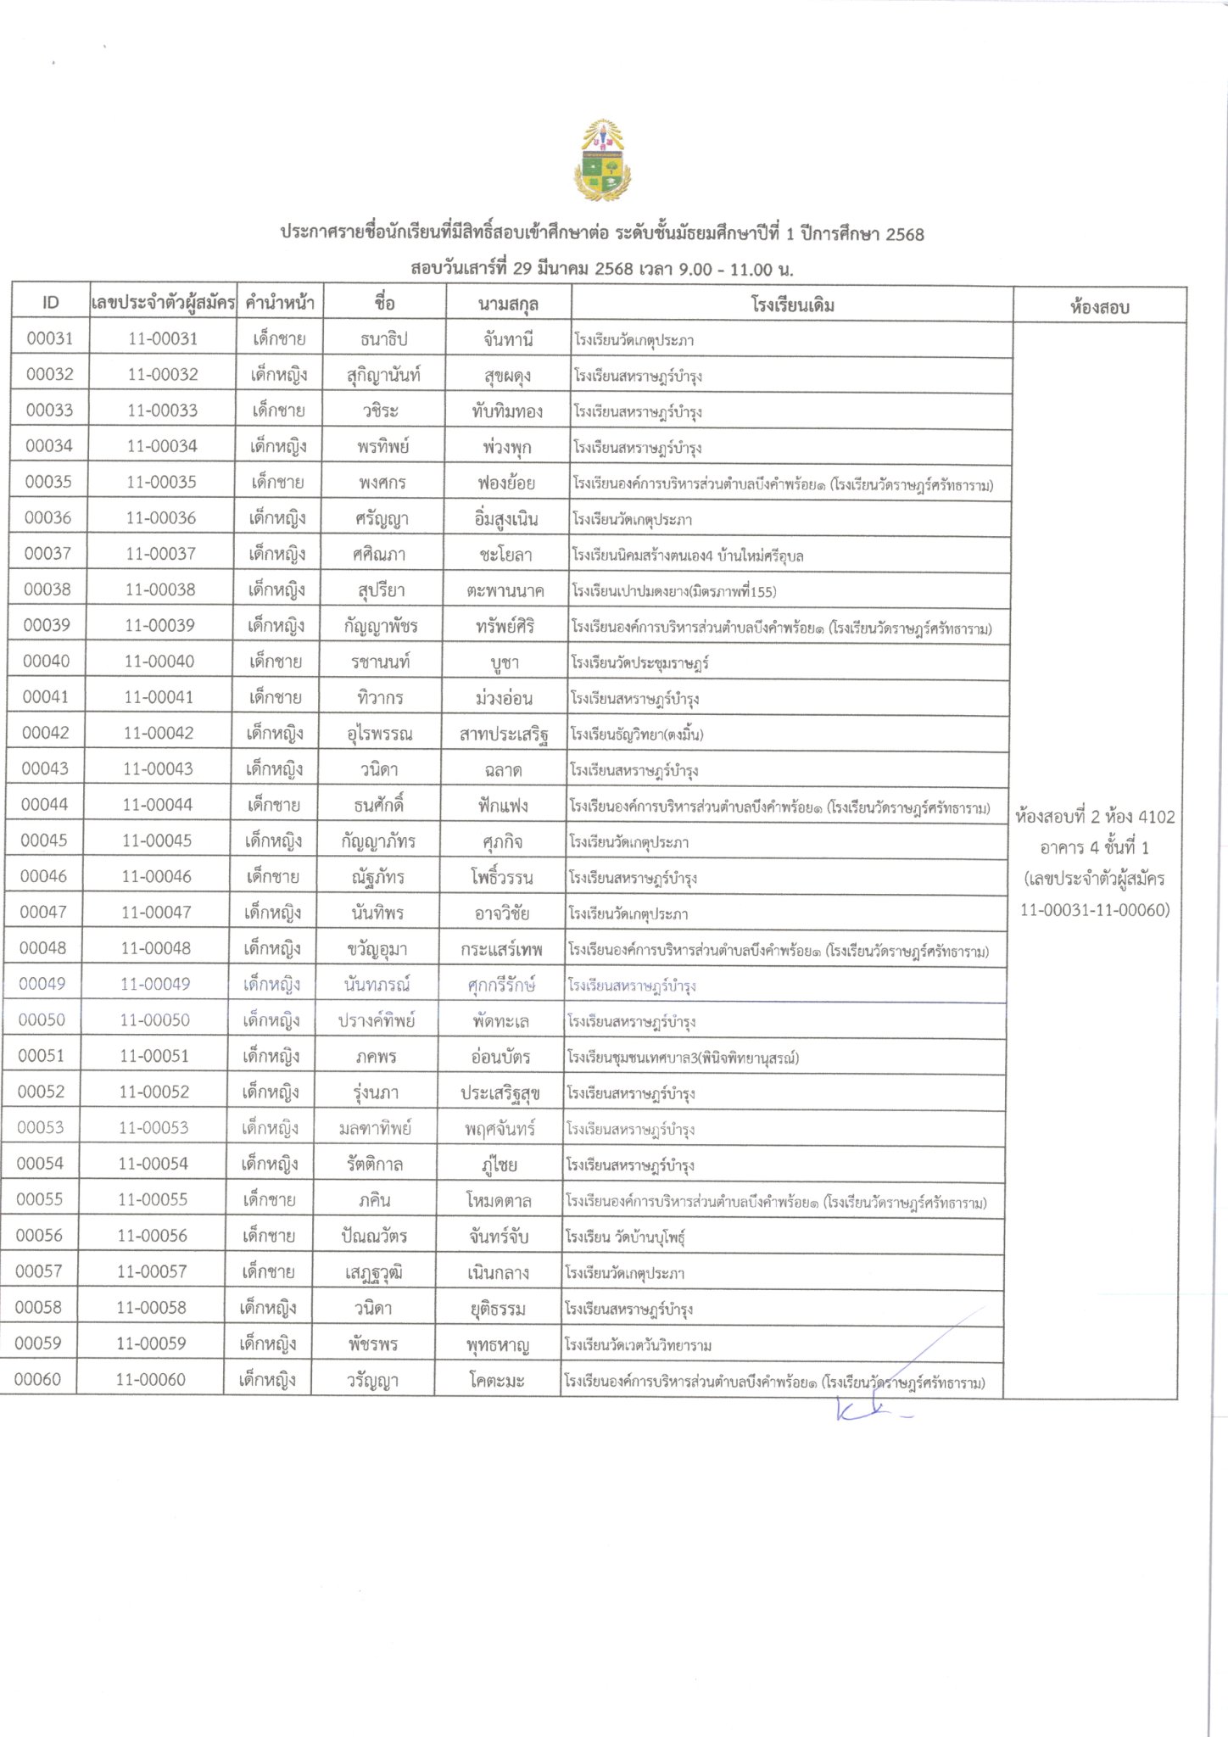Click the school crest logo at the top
[603, 161]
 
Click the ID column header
[51, 303]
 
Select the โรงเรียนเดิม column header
[792, 305]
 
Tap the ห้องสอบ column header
[1099, 307]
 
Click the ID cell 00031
[50, 338]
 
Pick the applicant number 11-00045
[157, 841]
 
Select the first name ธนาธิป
[384, 339]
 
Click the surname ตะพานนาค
[505, 591]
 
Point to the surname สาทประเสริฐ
[504, 734]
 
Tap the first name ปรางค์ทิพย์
[377, 1020]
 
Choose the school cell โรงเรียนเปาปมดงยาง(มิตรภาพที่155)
[674, 591]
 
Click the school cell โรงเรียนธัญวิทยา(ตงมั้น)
[637, 734]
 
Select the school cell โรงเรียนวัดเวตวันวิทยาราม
[639, 1345]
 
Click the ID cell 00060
[38, 1380]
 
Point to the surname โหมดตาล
[499, 1201]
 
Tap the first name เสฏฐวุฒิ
[374, 1273]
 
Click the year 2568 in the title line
[904, 234]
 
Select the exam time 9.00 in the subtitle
[695, 270]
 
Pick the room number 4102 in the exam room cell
[1156, 817]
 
